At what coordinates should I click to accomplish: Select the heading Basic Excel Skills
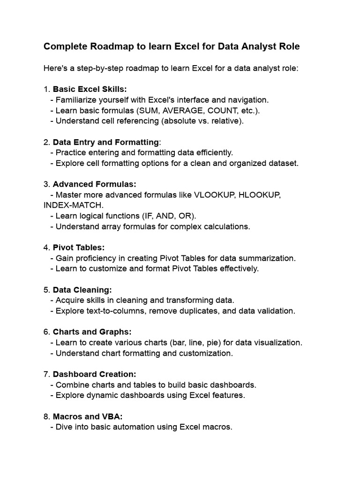pyautogui.click(x=90, y=89)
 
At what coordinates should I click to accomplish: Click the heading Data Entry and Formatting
pyautogui.click(x=106, y=142)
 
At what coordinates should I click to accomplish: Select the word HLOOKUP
pyautogui.click(x=260, y=195)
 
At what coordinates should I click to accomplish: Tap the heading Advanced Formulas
pyautogui.click(x=94, y=184)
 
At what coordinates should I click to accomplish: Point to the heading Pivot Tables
pyautogui.click(x=79, y=247)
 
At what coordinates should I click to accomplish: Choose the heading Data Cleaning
pyautogui.click(x=82, y=290)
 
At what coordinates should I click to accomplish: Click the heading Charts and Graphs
pyautogui.click(x=92, y=332)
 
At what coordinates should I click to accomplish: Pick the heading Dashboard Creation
pyautogui.click(x=94, y=374)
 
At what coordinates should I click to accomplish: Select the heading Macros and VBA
pyautogui.click(x=88, y=416)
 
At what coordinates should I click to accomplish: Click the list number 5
pyautogui.click(x=46, y=290)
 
